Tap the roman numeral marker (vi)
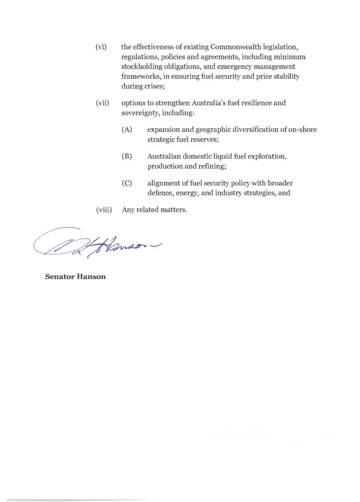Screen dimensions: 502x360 pyautogui.click(x=101, y=47)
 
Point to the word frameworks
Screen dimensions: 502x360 pyautogui.click(x=141, y=76)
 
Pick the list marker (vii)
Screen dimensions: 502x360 pyautogui.click(x=102, y=103)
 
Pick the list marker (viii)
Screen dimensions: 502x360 pyautogui.click(x=103, y=210)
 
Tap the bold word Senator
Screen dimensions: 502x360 pyautogui.click(x=59, y=276)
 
